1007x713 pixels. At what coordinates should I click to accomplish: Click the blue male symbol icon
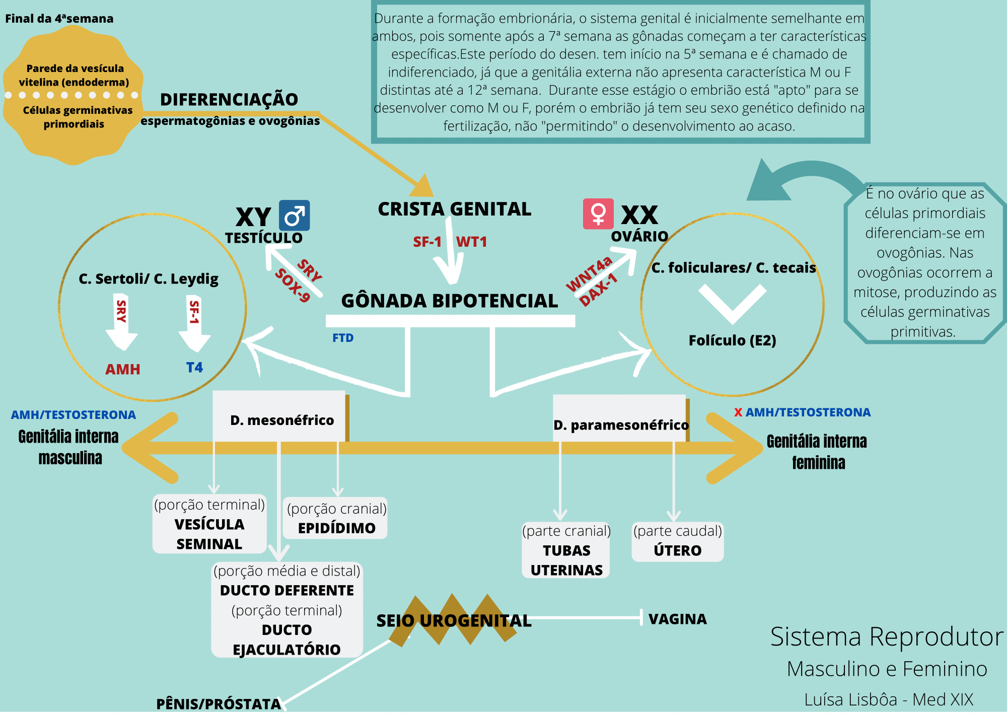pos(295,216)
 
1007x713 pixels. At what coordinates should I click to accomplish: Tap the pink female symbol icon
pos(598,213)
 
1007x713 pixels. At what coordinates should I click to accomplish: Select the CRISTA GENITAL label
pos(454,209)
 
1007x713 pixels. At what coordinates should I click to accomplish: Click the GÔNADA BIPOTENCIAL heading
pos(449,301)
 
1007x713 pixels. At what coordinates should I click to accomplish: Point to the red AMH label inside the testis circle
pos(122,370)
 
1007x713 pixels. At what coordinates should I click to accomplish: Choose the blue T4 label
pos(194,368)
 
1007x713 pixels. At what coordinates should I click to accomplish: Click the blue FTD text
pos(343,338)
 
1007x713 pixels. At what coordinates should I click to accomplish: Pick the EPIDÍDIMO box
pos(336,519)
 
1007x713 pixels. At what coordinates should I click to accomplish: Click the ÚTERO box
pos(677,542)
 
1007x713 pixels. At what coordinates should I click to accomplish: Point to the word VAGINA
pos(677,619)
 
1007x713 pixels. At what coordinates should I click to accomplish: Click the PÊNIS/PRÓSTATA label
pos(219,704)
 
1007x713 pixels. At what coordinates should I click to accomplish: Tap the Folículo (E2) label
pos(732,340)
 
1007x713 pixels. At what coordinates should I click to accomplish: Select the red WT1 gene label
pos(471,242)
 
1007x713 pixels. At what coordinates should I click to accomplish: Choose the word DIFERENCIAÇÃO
pos(229,100)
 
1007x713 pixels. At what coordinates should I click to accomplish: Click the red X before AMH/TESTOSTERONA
pos(738,412)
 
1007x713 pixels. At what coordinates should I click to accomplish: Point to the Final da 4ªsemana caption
pos(59,19)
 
